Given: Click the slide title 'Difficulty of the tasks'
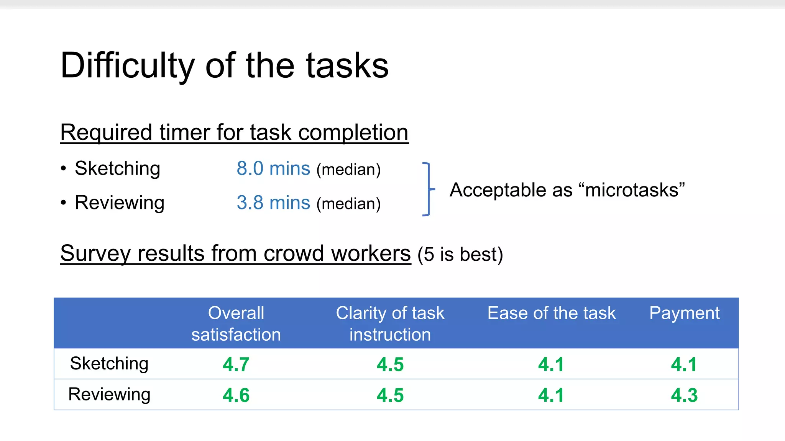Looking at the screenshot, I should [224, 65].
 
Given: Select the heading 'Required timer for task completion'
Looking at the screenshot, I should [234, 132].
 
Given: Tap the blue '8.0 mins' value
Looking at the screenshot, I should [273, 168].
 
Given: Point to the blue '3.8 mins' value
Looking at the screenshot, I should [273, 203].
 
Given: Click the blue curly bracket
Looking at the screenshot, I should [428, 189].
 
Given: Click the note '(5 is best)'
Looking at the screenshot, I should [460, 255].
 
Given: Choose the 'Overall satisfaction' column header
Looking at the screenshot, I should [236, 323].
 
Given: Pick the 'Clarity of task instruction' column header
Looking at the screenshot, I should [390, 323].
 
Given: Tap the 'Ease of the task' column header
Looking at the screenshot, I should [551, 313].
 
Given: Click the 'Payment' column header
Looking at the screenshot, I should [684, 313].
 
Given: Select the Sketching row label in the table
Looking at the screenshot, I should [109, 364].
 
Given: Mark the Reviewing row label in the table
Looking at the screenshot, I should [109, 394].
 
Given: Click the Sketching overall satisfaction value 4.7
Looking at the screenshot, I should [236, 364].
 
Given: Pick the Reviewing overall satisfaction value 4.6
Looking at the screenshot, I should [236, 395].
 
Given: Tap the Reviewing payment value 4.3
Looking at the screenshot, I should [684, 395].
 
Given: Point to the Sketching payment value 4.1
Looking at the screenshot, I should [684, 364].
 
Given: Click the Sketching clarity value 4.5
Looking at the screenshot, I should [390, 364].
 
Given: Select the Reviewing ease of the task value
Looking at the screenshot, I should [551, 395].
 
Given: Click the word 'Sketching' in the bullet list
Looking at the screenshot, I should [117, 168].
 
